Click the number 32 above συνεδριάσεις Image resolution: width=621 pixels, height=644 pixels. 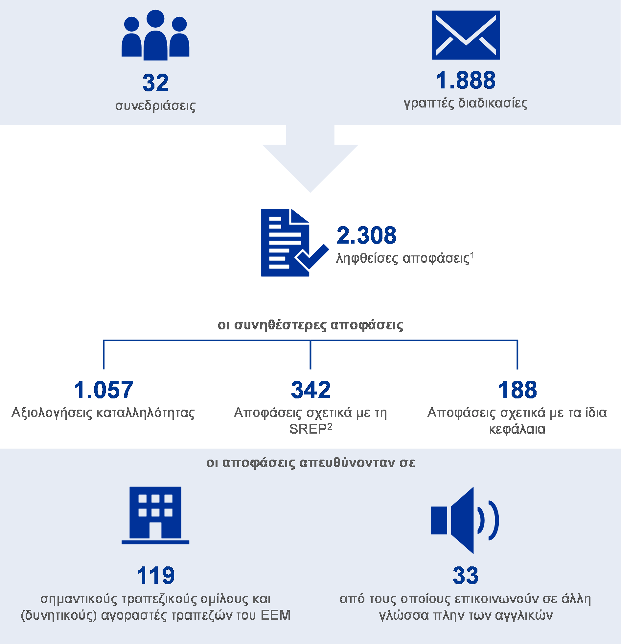155,83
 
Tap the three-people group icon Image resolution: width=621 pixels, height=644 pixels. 155,35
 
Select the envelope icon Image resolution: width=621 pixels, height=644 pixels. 466,35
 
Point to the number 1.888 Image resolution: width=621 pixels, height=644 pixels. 466,80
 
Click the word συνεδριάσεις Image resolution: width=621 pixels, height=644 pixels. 155,106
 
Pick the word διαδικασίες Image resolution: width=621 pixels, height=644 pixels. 493,103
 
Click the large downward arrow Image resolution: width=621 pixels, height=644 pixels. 310,158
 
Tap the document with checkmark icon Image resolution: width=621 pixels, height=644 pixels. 295,243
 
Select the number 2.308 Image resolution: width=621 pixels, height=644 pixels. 366,235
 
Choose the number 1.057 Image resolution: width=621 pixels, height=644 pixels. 103,390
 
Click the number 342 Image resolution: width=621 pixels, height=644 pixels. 310,390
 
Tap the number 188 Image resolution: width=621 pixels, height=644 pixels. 517,390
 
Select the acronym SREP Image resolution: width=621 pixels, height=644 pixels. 308,429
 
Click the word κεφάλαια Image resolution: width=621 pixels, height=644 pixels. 517,429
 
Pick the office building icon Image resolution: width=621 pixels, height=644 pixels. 155,515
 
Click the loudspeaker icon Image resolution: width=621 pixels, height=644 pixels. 465,520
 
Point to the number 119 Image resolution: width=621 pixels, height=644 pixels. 155,576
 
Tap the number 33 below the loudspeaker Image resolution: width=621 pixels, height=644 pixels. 466,576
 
